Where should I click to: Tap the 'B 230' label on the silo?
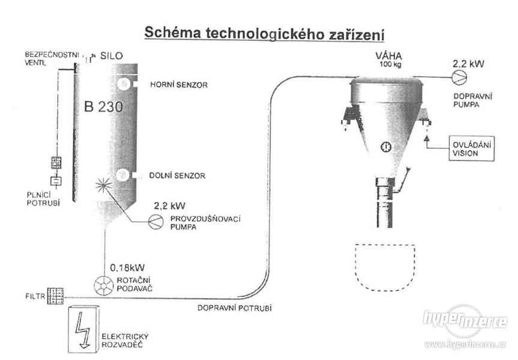(x=104, y=108)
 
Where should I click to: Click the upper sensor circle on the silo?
(x=122, y=82)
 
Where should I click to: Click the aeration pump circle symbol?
(x=155, y=220)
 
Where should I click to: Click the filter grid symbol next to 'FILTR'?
(x=56, y=295)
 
